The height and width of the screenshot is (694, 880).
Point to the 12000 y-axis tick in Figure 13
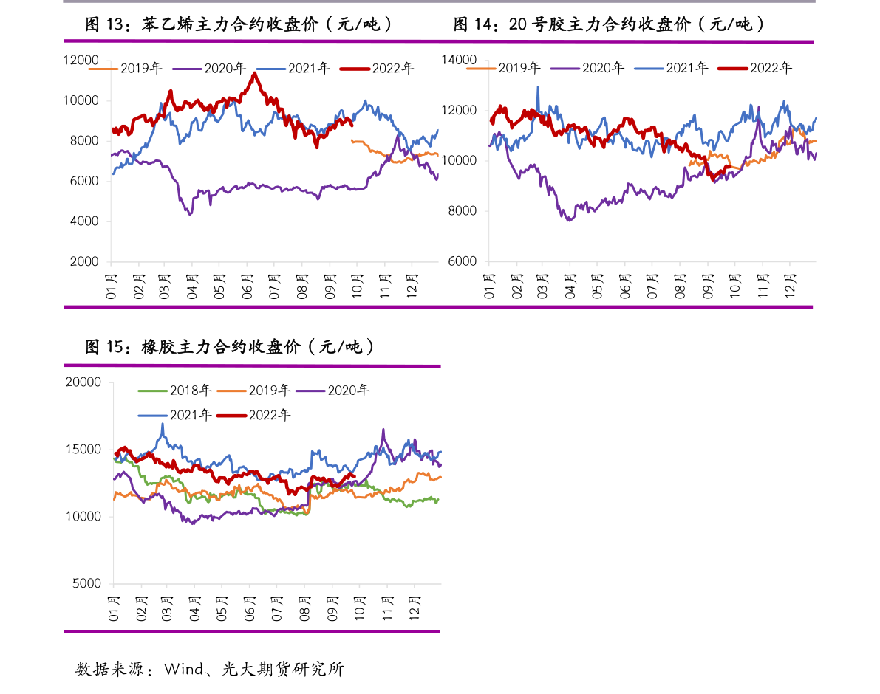pyautogui.click(x=81, y=61)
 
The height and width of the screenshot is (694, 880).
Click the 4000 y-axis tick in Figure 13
pyautogui.click(x=84, y=221)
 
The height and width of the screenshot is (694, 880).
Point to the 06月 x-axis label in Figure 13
pyautogui.click(x=247, y=285)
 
